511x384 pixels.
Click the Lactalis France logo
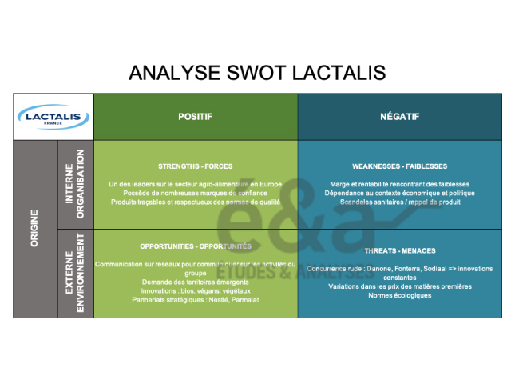pyautogui.click(x=53, y=117)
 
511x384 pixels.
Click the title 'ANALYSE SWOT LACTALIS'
pyautogui.click(x=256, y=73)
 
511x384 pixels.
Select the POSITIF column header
pyautogui.click(x=196, y=117)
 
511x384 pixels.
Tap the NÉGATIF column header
pyautogui.click(x=399, y=117)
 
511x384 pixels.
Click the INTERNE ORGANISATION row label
pyautogui.click(x=75, y=185)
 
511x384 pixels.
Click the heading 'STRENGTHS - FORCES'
pyautogui.click(x=196, y=166)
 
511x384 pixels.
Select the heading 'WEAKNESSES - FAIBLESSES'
pyautogui.click(x=399, y=166)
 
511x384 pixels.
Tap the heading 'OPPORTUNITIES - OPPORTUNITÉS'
pyautogui.click(x=196, y=246)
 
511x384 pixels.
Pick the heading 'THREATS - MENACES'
pyautogui.click(x=399, y=250)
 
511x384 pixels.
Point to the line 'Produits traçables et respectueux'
pyautogui.click(x=196, y=202)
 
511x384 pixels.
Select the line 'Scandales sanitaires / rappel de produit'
pyautogui.click(x=399, y=202)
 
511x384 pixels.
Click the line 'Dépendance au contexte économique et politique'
pyautogui.click(x=399, y=194)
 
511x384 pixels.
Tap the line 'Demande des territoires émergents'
pyautogui.click(x=196, y=282)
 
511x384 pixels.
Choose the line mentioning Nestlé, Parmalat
pyautogui.click(x=196, y=300)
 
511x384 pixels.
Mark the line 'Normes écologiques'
pyautogui.click(x=399, y=295)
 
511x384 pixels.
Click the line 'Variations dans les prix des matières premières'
pyautogui.click(x=399, y=286)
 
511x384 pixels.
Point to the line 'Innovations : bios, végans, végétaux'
pyautogui.click(x=196, y=291)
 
